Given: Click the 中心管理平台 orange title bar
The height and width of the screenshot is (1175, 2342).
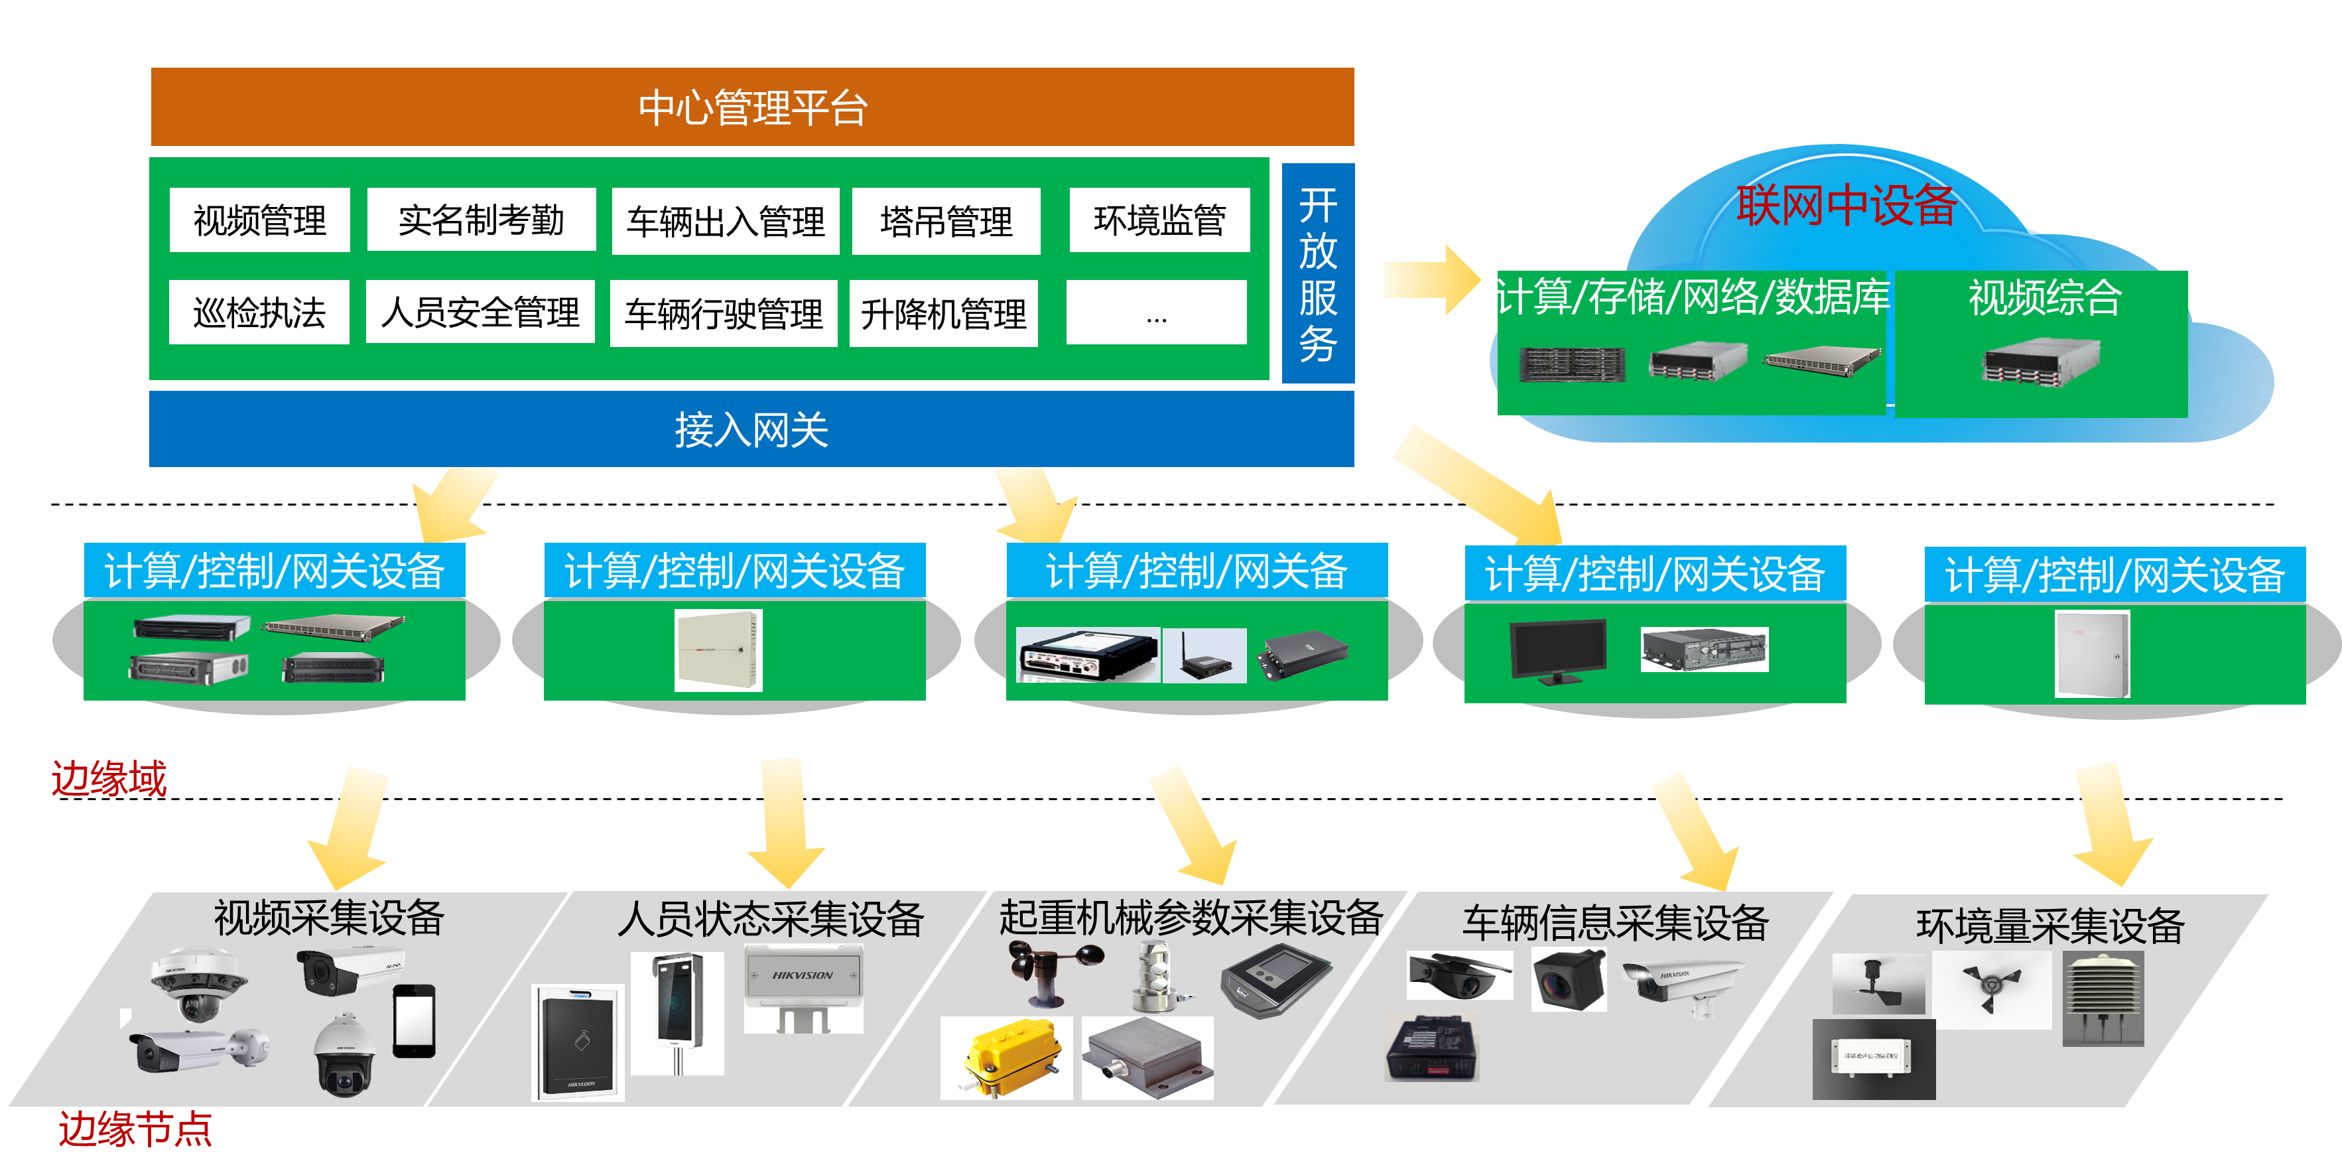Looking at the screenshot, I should click(x=752, y=106).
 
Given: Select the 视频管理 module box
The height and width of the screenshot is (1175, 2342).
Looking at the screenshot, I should click(x=259, y=220).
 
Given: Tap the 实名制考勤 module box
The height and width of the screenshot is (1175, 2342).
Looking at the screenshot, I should click(x=481, y=220).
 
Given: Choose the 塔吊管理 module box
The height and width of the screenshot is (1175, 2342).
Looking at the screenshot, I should click(x=946, y=221).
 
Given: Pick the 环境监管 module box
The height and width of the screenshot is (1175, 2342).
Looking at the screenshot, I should click(x=1159, y=220).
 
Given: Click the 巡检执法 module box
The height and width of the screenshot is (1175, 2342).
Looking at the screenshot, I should click(x=259, y=313).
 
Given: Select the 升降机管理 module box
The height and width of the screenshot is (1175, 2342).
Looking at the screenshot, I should click(x=943, y=314).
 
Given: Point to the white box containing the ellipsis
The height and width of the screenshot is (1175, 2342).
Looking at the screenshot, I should click(x=1155, y=313).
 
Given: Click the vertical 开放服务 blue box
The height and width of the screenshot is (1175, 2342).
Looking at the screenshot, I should click(x=1317, y=273).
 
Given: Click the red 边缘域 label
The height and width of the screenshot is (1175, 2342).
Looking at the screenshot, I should click(x=109, y=778).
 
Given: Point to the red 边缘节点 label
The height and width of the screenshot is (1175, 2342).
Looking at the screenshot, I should click(x=135, y=1129).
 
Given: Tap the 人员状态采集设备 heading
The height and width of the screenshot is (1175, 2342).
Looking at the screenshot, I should click(x=770, y=918).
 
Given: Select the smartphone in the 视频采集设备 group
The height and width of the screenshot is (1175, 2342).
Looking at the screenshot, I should click(x=414, y=1020).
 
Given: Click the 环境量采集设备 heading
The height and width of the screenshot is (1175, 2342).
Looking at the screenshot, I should click(x=2050, y=926).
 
